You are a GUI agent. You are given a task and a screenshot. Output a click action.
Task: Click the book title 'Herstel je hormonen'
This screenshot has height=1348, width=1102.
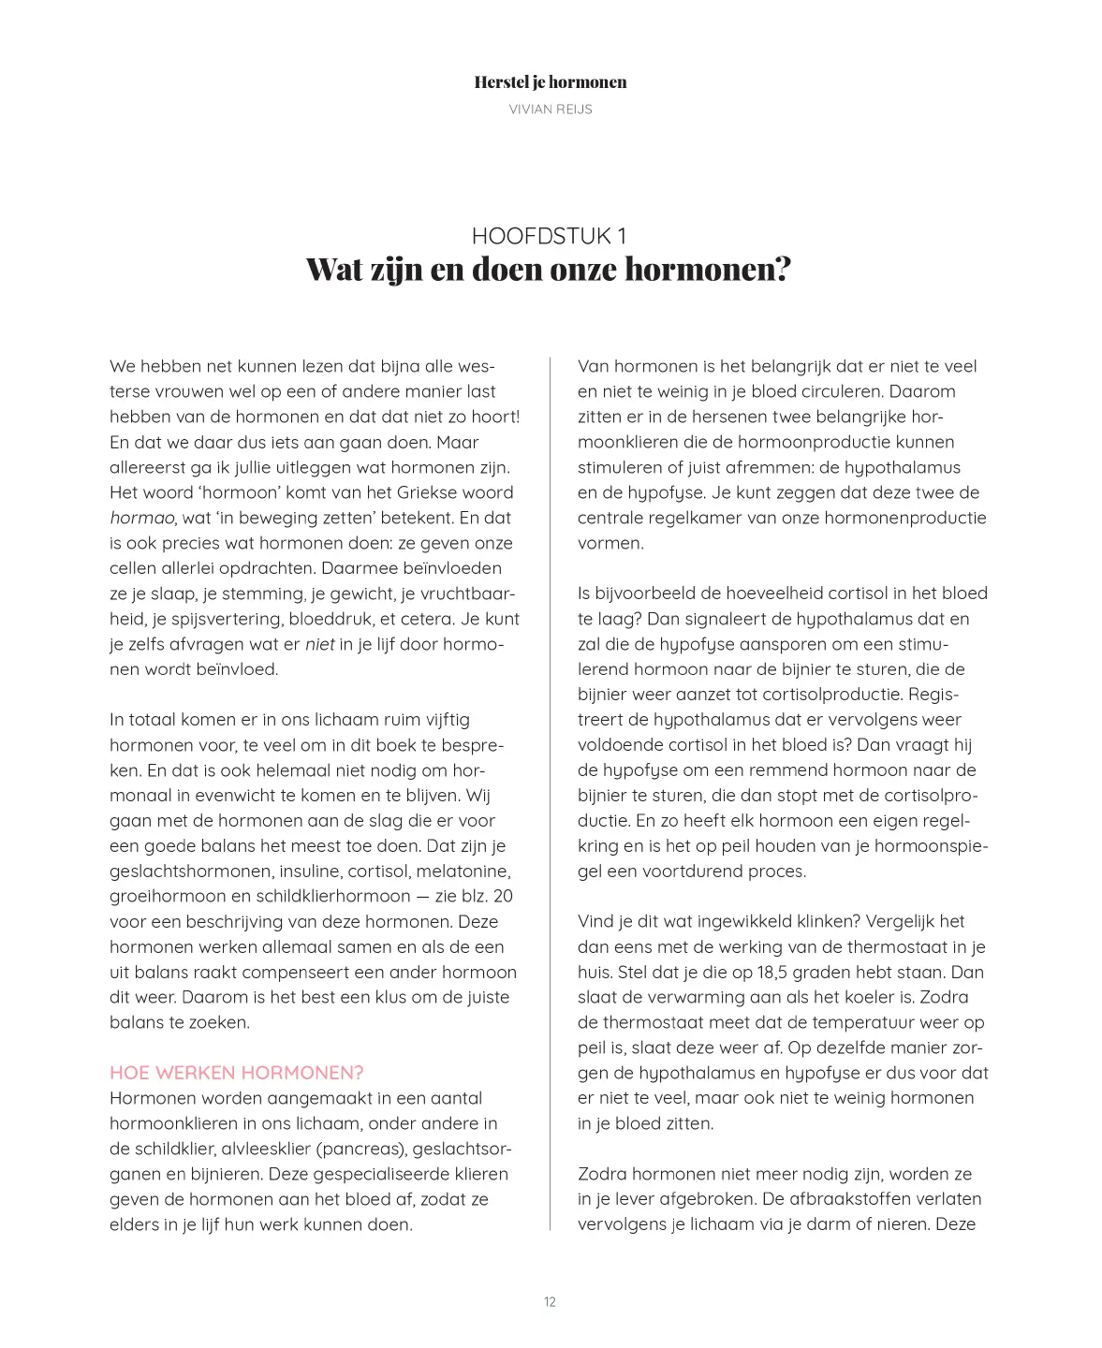550,82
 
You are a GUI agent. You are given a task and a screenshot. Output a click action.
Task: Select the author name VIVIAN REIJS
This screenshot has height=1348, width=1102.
550,110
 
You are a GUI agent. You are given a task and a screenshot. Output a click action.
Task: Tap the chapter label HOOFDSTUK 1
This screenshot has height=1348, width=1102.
549,236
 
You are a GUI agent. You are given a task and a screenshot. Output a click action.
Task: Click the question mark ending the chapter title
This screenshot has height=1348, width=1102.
782,270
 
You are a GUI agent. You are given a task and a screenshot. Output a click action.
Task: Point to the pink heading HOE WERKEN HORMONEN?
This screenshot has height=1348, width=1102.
236,1073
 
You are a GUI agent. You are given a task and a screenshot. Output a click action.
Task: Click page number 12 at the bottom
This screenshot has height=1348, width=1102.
550,1302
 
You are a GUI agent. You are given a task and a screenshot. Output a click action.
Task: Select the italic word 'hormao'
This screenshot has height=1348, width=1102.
142,518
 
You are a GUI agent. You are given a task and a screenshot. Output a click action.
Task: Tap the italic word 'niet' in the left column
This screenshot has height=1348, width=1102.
319,644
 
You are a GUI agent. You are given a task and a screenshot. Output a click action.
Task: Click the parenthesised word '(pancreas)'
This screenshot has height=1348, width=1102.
361,1149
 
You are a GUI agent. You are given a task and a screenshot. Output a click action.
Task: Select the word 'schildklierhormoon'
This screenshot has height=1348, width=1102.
333,896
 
